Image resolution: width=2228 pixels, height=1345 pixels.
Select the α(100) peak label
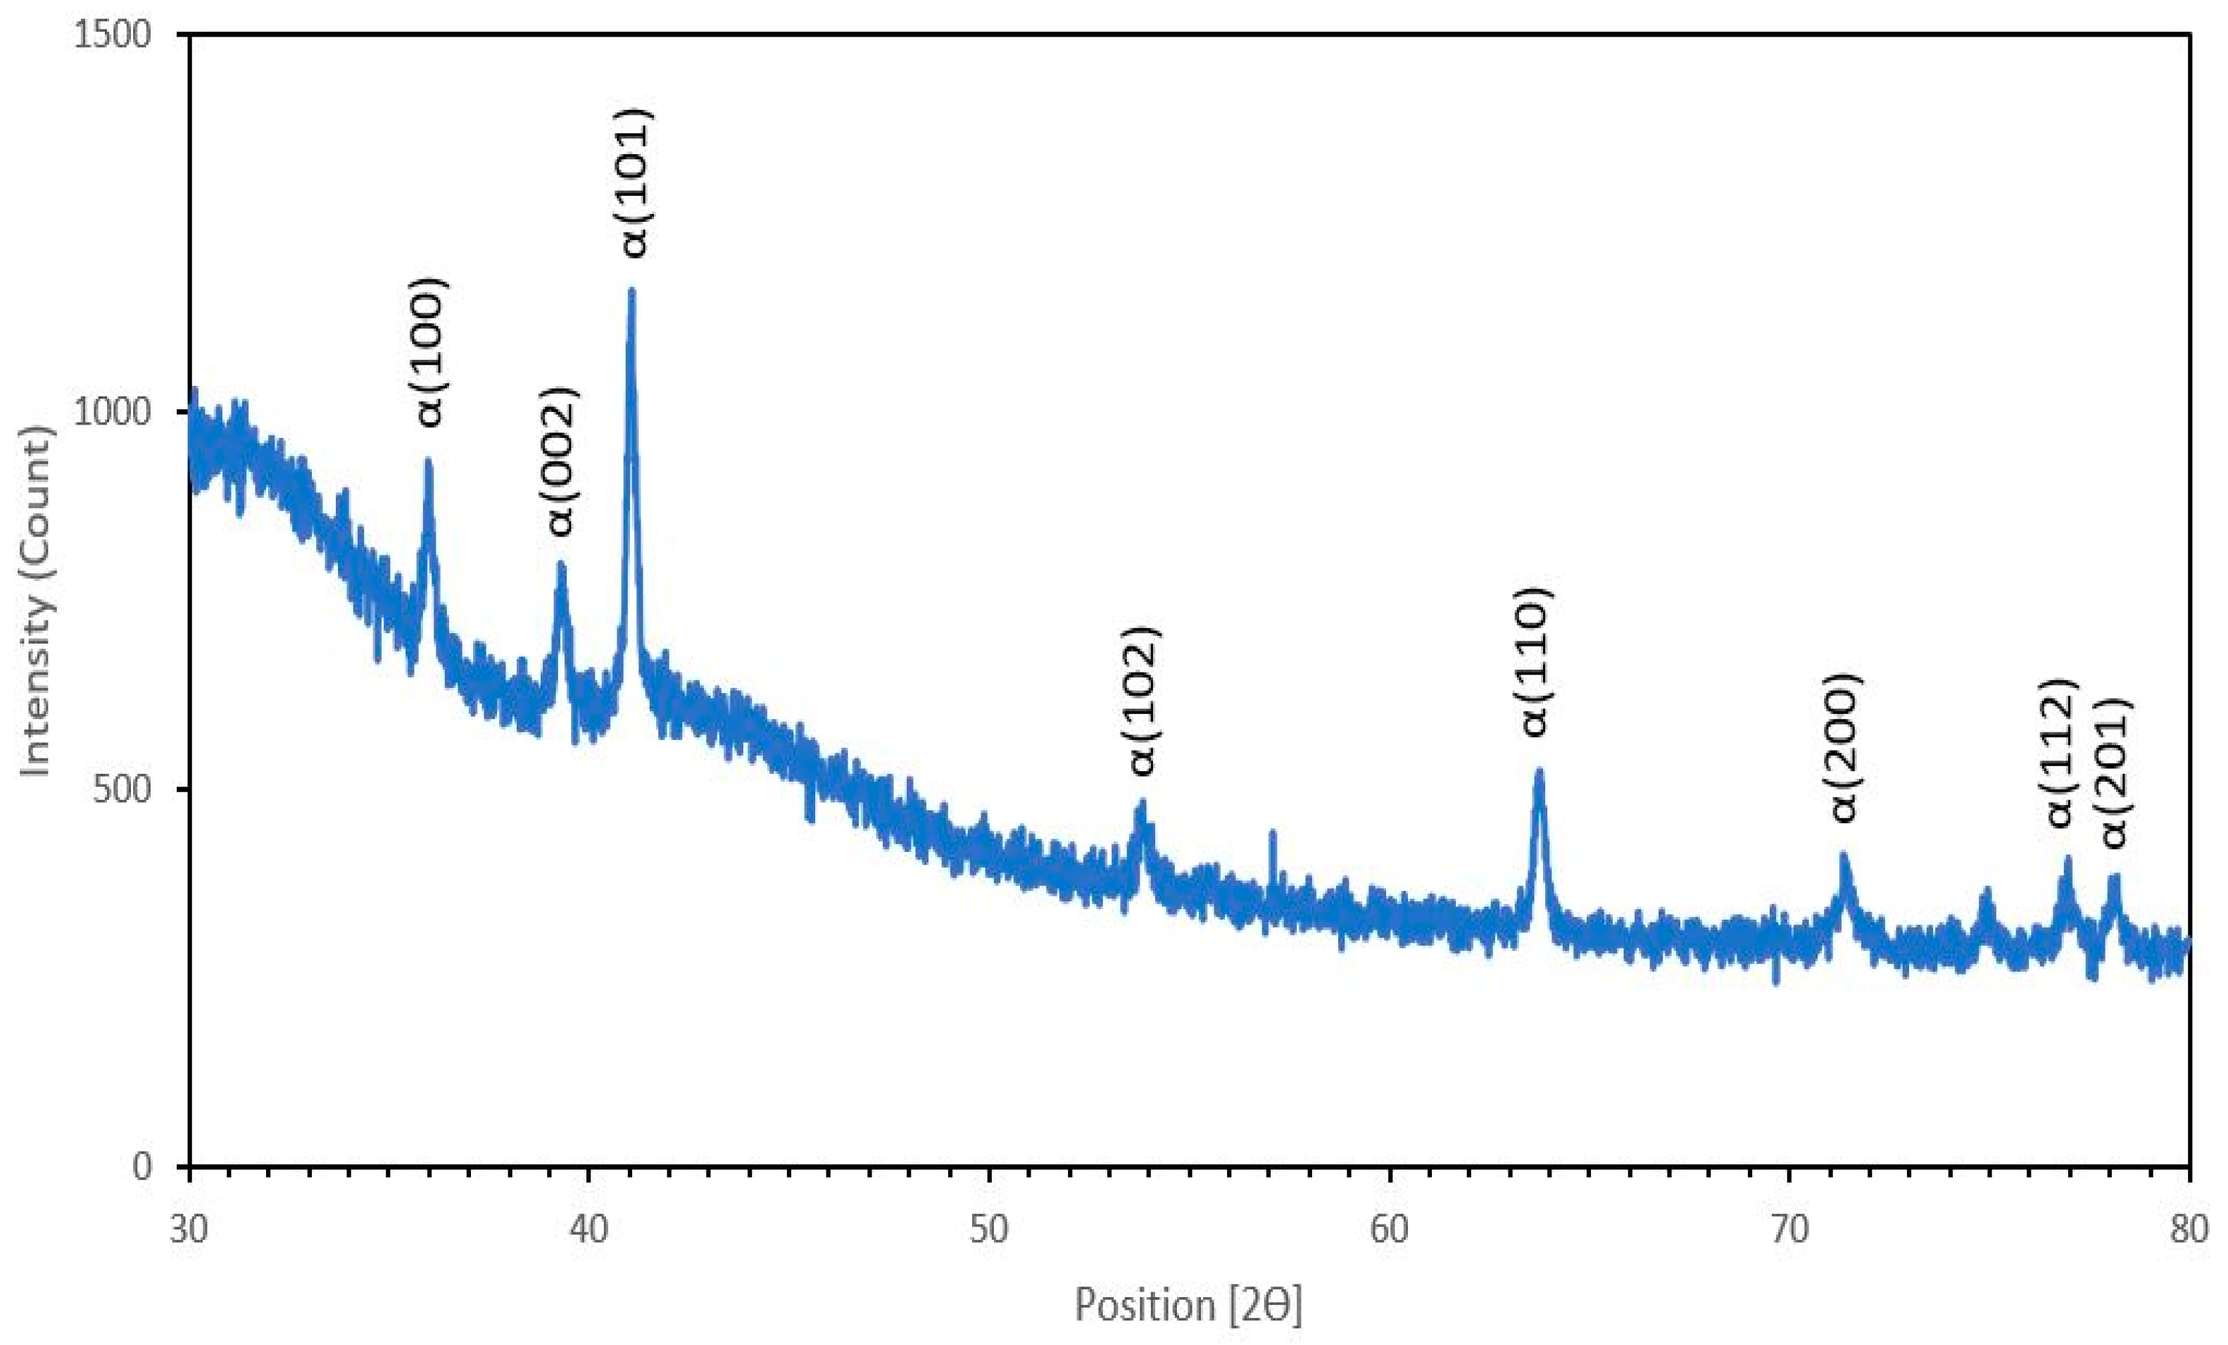pyautogui.click(x=432, y=352)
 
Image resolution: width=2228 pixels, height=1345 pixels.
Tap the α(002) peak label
pyautogui.click(x=560, y=461)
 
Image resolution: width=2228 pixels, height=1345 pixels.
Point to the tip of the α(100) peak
pyautogui.click(x=428, y=461)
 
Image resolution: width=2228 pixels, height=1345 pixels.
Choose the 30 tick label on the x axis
pyautogui.click(x=189, y=1232)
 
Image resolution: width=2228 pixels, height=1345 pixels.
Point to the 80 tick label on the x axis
pyautogui.click(x=2188, y=1232)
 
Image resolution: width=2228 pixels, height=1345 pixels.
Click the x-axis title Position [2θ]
pyautogui.click(x=1188, y=1305)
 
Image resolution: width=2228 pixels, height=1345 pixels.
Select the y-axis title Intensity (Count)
pyautogui.click(x=36, y=600)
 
